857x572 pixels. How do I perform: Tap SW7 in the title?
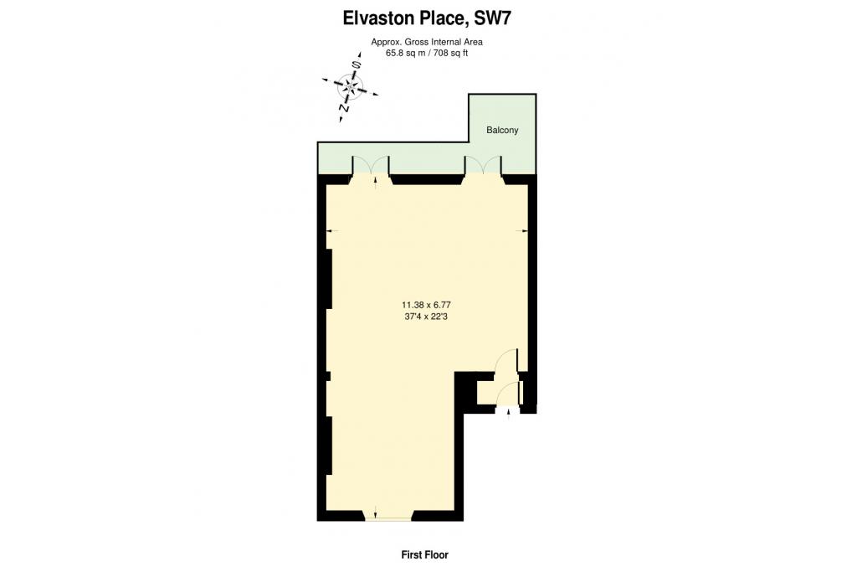pos(492,18)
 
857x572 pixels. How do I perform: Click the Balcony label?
pos(502,130)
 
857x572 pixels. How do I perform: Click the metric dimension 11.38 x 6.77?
pos(426,305)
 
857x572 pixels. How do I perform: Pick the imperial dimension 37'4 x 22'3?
pos(426,316)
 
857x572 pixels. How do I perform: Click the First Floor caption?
pos(424,554)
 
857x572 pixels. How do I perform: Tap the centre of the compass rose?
pos(350,87)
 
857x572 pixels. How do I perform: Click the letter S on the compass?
pos(357,64)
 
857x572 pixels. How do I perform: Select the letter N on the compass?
pos(343,107)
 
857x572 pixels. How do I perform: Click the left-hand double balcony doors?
pos(371,166)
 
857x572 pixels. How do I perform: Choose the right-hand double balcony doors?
pos(483,166)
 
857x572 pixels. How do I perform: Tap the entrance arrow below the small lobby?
pos(509,413)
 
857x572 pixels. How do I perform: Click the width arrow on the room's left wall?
pos(331,231)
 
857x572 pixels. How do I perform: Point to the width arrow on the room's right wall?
pos(522,231)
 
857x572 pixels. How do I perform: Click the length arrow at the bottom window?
pos(376,512)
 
